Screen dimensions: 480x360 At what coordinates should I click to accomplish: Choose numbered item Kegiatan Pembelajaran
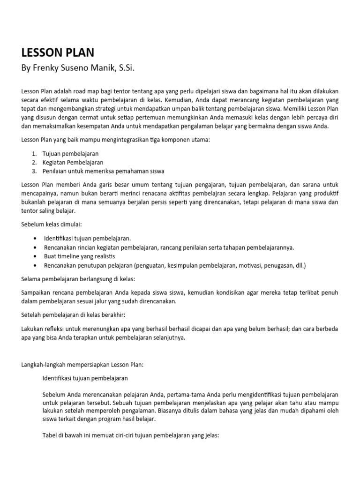tap(73, 162)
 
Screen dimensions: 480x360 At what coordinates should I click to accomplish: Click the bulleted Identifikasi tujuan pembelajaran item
tap(87, 239)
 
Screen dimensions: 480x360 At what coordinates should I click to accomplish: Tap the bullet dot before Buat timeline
tap(37, 256)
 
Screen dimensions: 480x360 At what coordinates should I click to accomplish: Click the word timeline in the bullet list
tap(70, 256)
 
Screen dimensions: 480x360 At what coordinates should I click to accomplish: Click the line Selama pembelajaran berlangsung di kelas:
tap(78, 279)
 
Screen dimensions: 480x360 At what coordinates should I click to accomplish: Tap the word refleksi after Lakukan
tap(54, 329)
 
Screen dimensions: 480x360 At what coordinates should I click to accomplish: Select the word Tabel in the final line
tap(50, 435)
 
